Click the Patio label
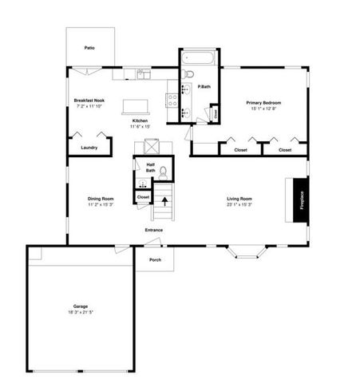click(x=89, y=49)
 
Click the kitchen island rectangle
click(x=136, y=106)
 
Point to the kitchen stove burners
click(x=171, y=100)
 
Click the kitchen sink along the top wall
click(x=142, y=74)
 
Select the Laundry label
click(x=89, y=147)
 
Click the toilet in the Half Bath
click(x=162, y=172)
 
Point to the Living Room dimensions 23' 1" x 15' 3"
click(x=240, y=204)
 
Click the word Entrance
click(x=154, y=231)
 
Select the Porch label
click(x=155, y=259)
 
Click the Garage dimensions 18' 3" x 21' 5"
click(x=81, y=312)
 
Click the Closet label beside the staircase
click(x=143, y=195)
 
